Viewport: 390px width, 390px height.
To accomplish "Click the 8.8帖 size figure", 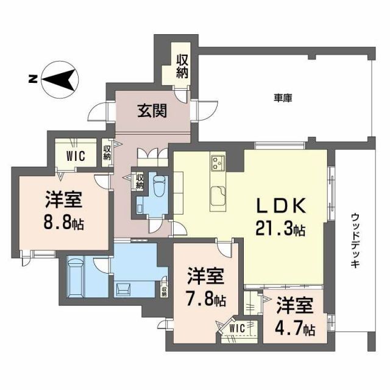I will point(63,221).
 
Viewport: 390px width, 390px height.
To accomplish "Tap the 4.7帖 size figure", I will point(295,330).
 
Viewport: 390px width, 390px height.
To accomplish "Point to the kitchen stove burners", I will point(218,163).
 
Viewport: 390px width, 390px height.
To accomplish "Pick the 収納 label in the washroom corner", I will point(164,289).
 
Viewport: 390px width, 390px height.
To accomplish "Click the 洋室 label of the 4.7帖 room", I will point(296,304).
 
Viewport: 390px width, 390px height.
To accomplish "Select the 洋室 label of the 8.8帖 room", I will point(63,199).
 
